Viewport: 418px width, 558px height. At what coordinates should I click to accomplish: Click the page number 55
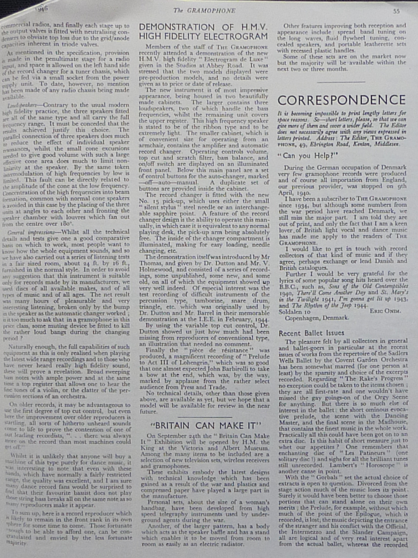pyautogui.click(x=396, y=11)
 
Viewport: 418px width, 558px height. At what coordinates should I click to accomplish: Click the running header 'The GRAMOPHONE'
pyautogui.click(x=204, y=11)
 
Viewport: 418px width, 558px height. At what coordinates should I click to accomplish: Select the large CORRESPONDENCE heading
pyautogui.click(x=341, y=100)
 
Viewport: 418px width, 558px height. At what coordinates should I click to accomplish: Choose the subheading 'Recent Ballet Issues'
pyautogui.click(x=311, y=333)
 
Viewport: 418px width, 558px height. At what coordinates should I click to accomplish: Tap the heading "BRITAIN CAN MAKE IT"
pyautogui.click(x=206, y=426)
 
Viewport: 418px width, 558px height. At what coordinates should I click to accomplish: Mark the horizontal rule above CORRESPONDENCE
pyautogui.click(x=341, y=82)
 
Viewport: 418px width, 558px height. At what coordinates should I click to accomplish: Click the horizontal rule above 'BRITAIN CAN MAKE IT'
pyautogui.click(x=205, y=417)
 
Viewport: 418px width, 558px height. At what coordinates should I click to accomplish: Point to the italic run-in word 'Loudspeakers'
pyautogui.click(x=22, y=105)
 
